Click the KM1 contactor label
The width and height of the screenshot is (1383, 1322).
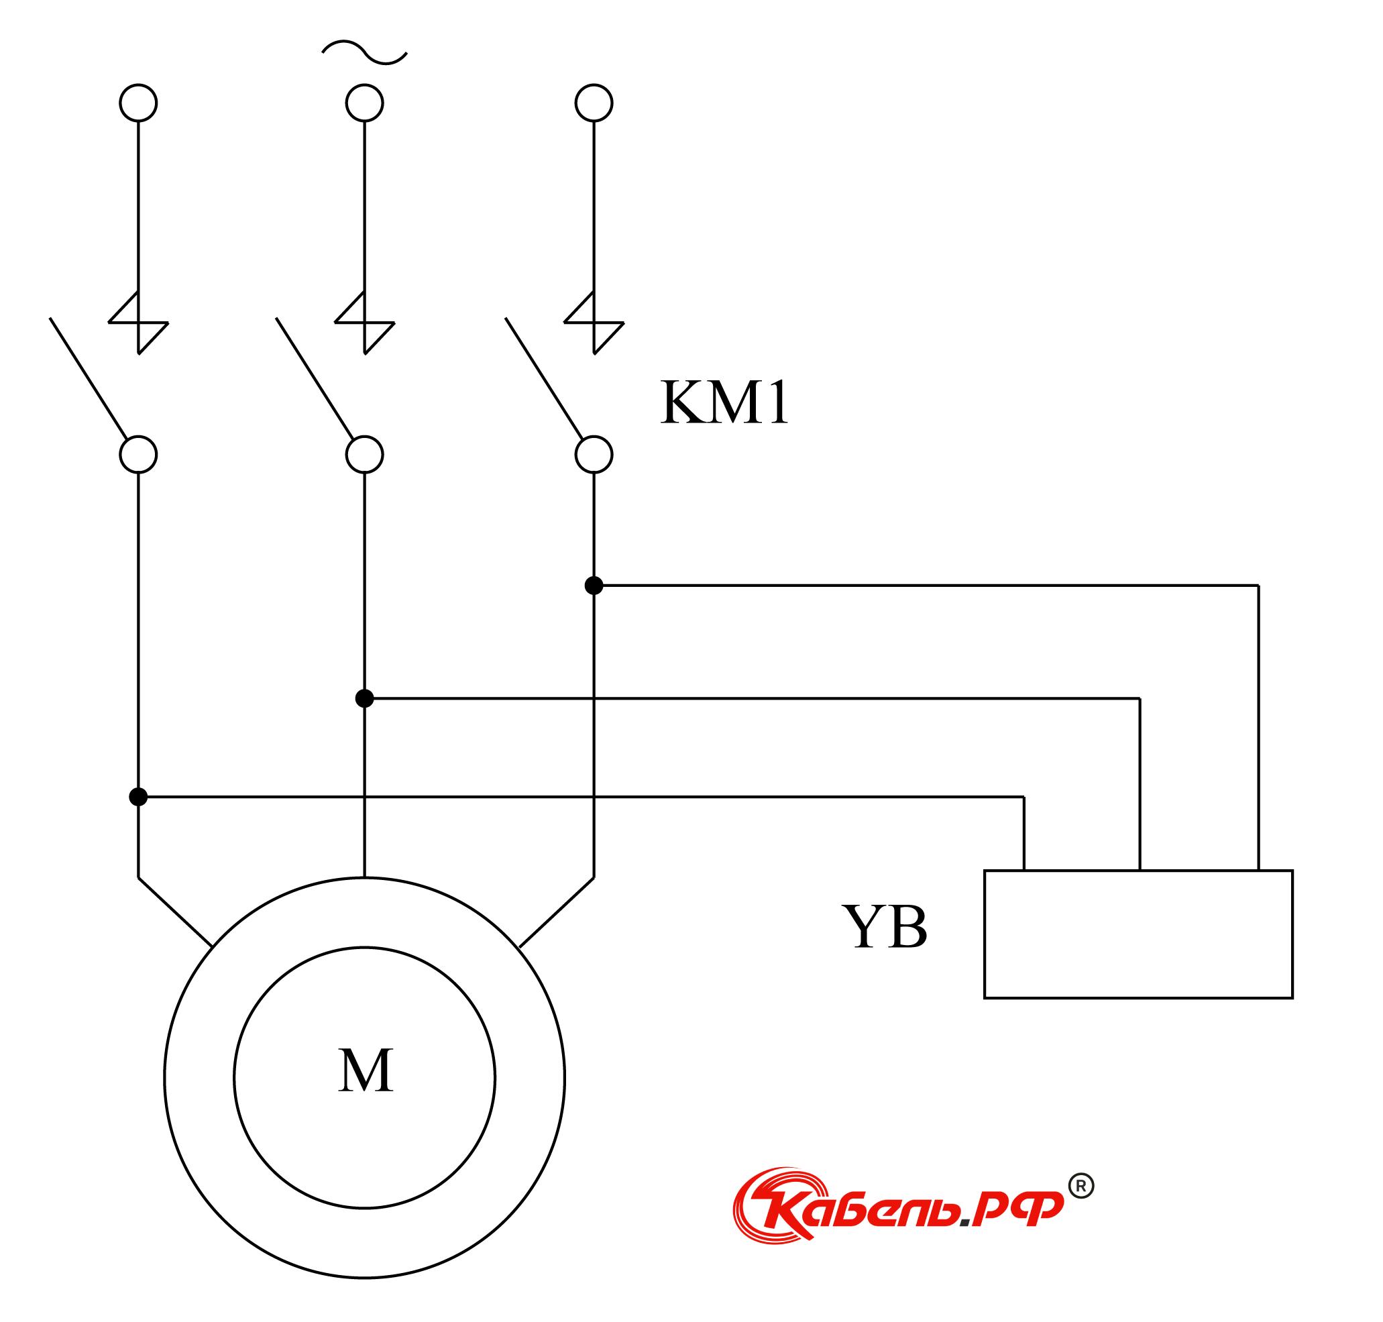[724, 403]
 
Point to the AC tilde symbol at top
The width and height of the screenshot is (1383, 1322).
[364, 53]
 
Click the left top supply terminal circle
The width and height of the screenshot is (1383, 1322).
[138, 103]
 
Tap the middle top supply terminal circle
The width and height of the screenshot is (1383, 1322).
[364, 103]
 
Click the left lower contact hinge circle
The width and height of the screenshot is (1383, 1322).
[138, 455]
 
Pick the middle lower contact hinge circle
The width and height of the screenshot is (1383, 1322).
[364, 455]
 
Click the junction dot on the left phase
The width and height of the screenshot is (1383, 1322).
[138, 797]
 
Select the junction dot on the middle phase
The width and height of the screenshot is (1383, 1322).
[364, 698]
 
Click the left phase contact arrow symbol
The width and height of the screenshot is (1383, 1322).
[138, 323]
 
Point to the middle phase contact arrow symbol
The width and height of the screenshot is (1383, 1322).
[364, 323]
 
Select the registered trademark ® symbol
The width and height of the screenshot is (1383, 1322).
[1081, 1186]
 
